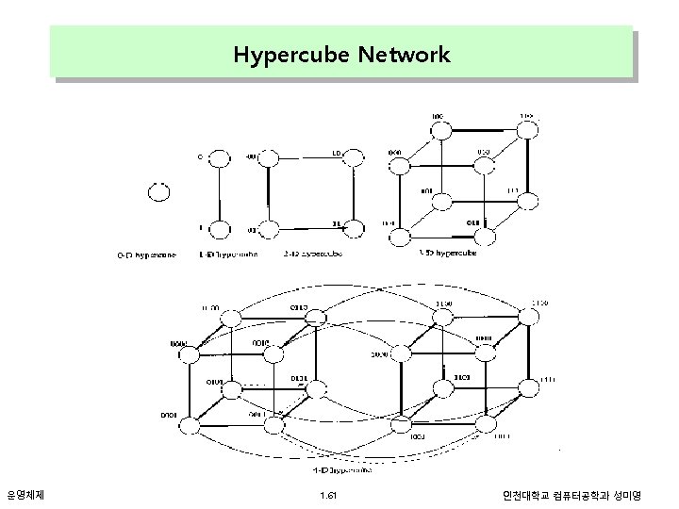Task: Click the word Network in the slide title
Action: [405, 55]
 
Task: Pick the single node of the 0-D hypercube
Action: [159, 192]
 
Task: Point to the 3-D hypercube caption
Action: [447, 253]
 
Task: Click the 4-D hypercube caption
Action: [340, 468]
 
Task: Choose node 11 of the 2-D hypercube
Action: [354, 227]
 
